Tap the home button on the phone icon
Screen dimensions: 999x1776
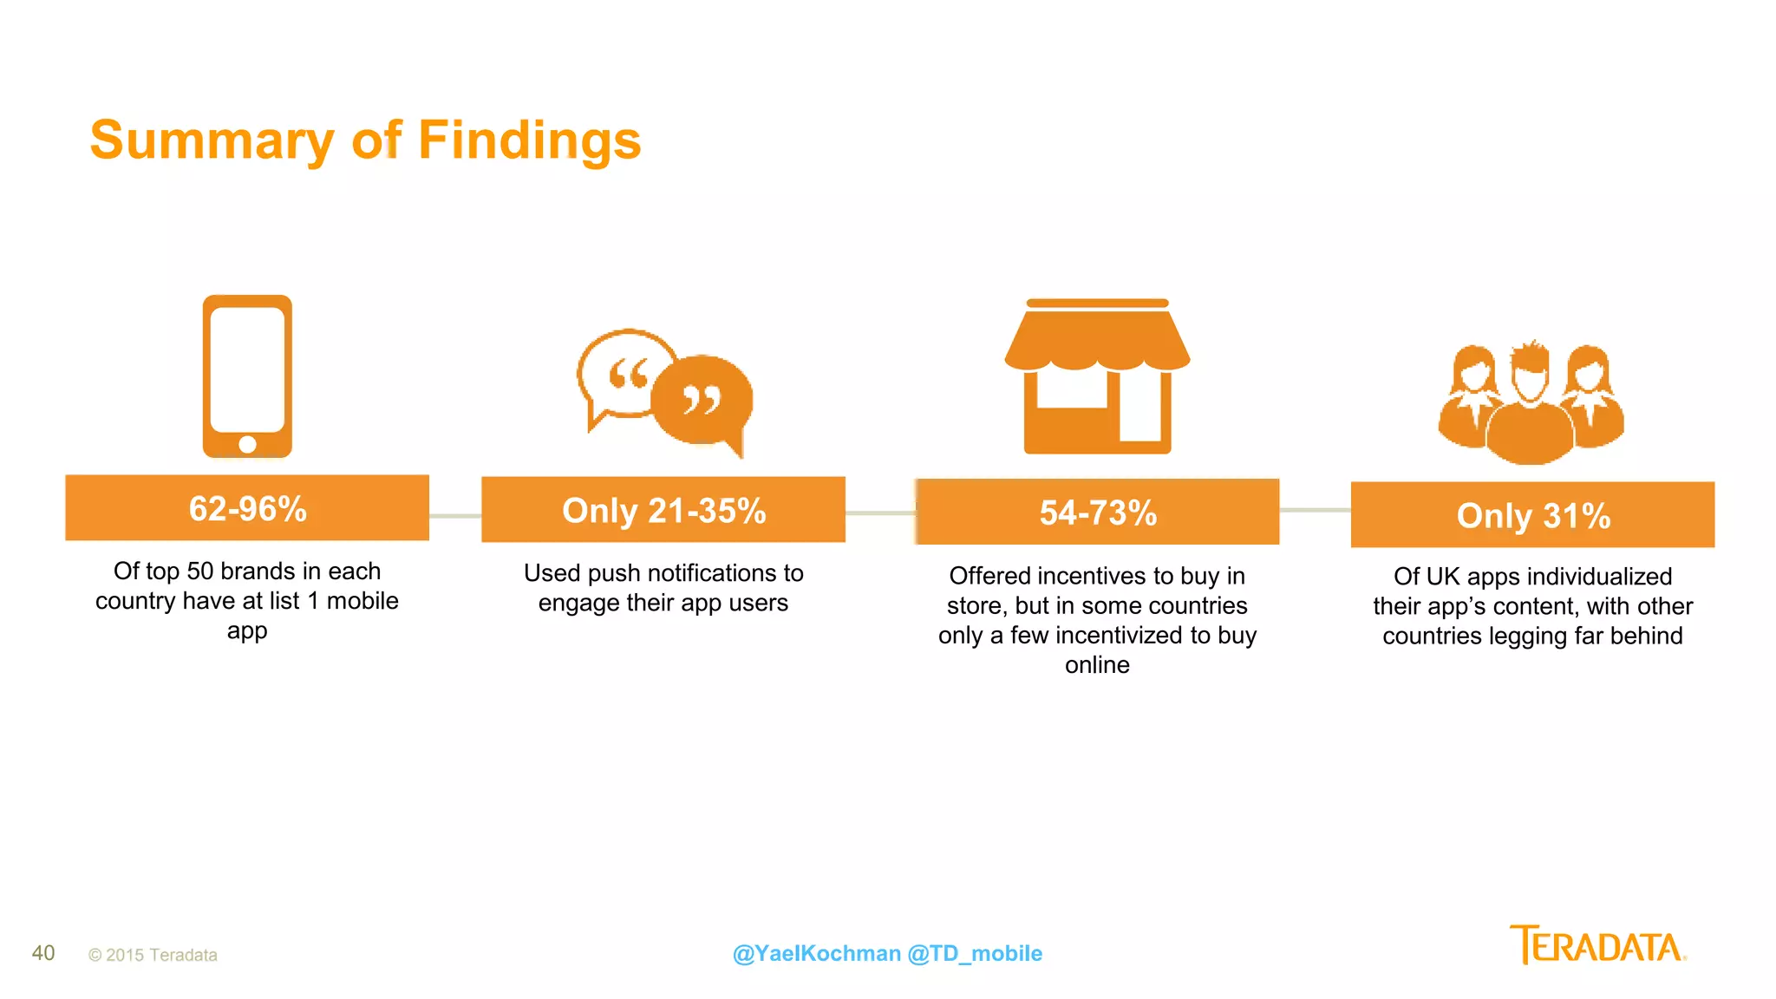[247, 444]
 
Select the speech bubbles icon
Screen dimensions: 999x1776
[664, 392]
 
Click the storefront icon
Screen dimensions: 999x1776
[1097, 375]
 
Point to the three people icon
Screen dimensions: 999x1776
[1531, 402]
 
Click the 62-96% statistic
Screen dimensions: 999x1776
[247, 509]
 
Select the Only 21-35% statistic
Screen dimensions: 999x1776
[663, 511]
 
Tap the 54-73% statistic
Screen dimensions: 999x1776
[1098, 513]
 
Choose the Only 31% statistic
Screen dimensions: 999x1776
[1533, 516]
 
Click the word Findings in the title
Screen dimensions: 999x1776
[529, 140]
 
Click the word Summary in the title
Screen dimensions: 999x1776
[212, 140]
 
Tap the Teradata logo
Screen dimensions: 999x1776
[1597, 945]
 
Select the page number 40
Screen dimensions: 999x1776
[43, 953]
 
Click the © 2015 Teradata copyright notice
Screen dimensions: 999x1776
[153, 955]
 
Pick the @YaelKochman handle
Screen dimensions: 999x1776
[816, 953]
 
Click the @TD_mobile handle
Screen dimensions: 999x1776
[975, 953]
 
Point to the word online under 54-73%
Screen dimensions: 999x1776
[1097, 665]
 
